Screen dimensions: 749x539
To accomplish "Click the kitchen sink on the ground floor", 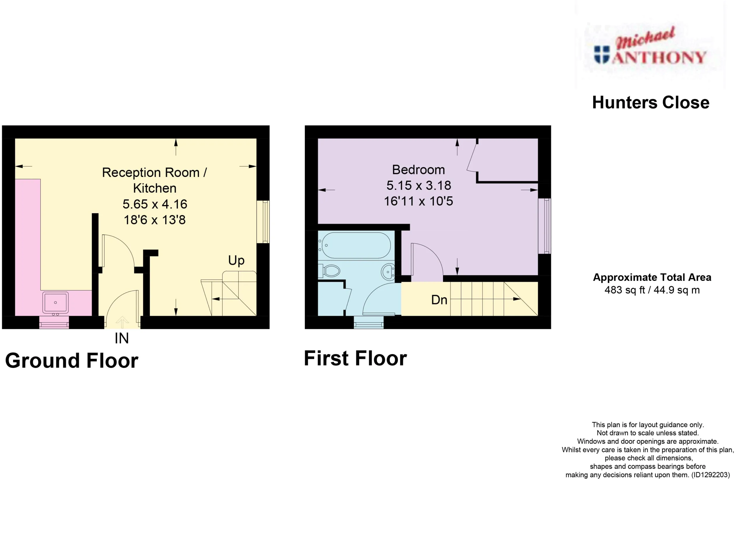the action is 55,302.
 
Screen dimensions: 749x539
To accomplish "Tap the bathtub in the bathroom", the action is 356,245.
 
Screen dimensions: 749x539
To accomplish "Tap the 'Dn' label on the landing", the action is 439,300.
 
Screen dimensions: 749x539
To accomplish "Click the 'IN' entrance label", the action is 121,338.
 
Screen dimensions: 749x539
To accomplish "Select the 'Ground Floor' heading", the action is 72,360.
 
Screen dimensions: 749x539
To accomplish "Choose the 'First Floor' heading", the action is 355,359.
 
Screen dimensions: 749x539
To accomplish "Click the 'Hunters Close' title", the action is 651,103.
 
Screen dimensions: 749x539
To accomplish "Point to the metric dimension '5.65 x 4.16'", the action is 155,204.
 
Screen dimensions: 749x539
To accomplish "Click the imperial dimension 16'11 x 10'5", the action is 418,201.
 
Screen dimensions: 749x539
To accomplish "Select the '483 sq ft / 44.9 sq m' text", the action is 652,290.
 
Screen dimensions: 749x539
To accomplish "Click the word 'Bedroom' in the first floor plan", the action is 418,170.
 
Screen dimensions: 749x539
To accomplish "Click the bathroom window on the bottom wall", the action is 369,323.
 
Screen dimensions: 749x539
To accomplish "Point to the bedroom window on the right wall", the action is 544,226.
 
